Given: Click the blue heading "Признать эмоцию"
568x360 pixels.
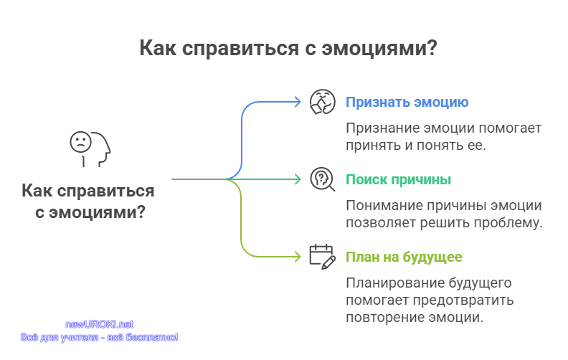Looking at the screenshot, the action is (407, 103).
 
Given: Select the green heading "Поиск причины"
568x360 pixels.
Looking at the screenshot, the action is (398, 180).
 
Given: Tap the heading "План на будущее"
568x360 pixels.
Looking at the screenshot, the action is (404, 257).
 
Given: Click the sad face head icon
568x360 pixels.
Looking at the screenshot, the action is (90, 149).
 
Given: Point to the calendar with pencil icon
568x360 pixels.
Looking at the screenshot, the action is (323, 257).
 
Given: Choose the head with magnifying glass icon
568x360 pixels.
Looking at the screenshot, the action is (323, 179).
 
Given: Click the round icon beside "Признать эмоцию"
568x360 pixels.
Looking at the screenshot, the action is (323, 102).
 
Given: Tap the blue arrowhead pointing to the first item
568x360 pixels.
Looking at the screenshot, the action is (298, 102).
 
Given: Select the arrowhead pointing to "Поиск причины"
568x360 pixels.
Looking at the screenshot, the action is (298, 179).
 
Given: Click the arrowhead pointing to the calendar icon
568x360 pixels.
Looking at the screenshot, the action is (298, 257).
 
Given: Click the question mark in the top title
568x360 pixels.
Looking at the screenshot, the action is (432, 48).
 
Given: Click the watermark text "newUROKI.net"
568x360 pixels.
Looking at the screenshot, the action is (99, 324).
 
